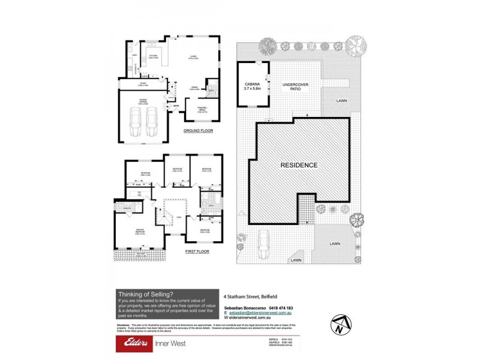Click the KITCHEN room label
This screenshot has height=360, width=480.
(x=153, y=57)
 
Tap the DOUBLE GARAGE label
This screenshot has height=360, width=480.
(x=142, y=104)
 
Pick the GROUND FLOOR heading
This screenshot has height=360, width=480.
(x=199, y=130)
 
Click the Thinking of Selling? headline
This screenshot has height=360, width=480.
(x=146, y=293)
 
